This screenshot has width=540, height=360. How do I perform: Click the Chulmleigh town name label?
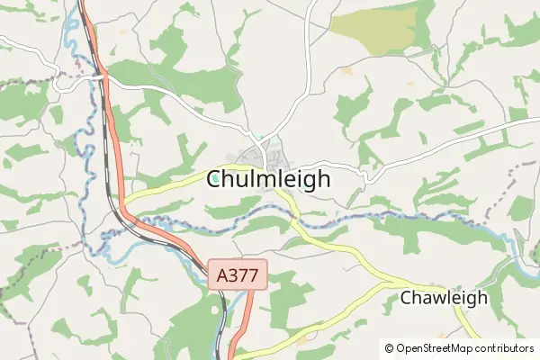[268, 178]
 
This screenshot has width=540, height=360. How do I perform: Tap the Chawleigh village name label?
[444, 297]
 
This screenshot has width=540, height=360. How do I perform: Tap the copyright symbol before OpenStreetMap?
[389, 347]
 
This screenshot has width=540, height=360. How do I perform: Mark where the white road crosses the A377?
[100, 77]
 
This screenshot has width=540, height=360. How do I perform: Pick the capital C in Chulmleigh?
[215, 178]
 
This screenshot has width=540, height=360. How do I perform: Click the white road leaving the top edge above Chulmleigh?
[309, 18]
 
